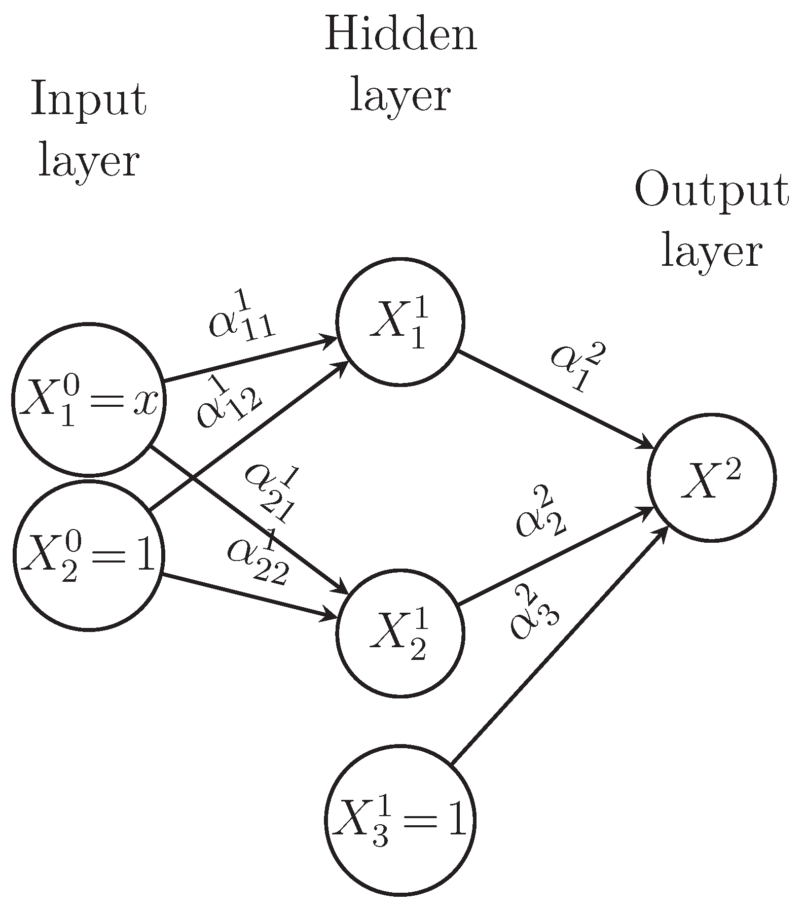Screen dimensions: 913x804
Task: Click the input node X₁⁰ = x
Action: pyautogui.click(x=88, y=400)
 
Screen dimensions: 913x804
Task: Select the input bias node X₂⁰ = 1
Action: pyautogui.click(x=88, y=555)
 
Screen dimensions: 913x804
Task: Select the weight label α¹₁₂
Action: pyautogui.click(x=228, y=401)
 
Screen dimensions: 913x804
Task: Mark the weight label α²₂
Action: pyautogui.click(x=540, y=512)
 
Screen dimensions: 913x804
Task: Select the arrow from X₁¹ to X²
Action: pyautogui.click(x=555, y=399)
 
